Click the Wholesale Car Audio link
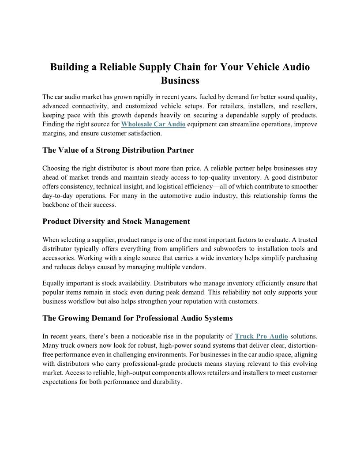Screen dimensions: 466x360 pyautogui.click(x=153, y=124)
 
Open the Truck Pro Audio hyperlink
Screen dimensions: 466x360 pyautogui.click(x=261, y=336)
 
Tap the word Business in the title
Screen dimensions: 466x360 pyautogui.click(x=180, y=81)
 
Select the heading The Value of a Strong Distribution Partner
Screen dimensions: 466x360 pyautogui.click(x=118, y=150)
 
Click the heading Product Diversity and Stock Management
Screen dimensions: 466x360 pyautogui.click(x=116, y=222)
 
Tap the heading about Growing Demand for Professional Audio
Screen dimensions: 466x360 pyautogui.click(x=137, y=318)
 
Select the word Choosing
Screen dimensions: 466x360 pyautogui.click(x=56, y=168)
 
